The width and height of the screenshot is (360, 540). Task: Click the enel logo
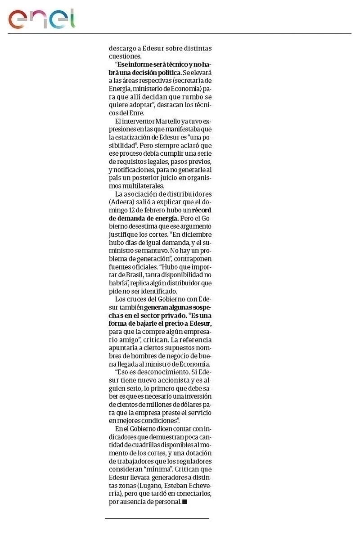coord(41,19)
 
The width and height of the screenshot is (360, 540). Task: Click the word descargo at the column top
coord(123,48)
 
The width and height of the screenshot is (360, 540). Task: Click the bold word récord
coord(202,210)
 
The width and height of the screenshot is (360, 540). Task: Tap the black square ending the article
coord(184,501)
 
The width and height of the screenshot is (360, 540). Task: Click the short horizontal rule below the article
coord(157,518)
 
